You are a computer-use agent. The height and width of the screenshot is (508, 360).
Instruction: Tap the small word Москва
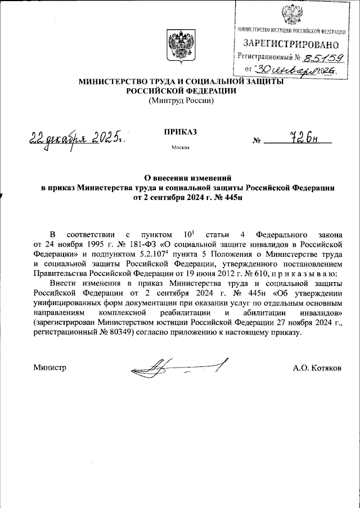pyautogui.click(x=180, y=148)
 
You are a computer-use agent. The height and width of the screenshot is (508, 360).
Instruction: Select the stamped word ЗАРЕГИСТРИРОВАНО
pyautogui.click(x=291, y=43)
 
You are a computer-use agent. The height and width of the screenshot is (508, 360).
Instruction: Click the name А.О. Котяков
pyautogui.click(x=317, y=368)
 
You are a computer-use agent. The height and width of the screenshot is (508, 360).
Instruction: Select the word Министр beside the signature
pyautogui.click(x=50, y=368)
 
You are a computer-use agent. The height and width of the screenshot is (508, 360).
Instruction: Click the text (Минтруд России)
pyautogui.click(x=180, y=101)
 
